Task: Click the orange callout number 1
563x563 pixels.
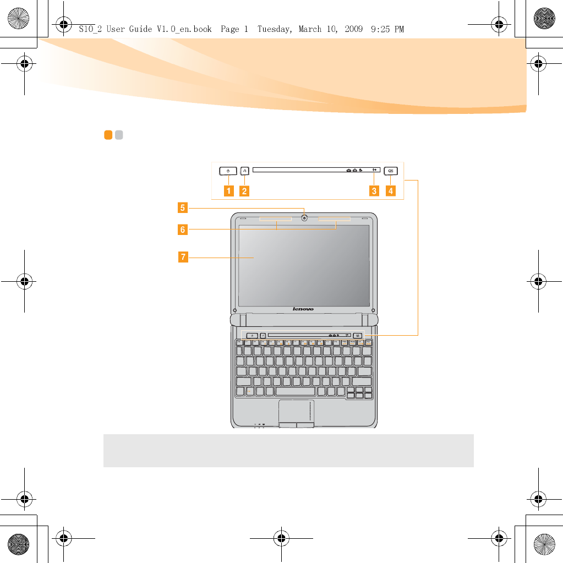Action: tap(227, 192)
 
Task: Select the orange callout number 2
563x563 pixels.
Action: tap(244, 192)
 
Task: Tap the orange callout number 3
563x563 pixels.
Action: tap(374, 192)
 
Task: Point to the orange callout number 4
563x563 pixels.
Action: tap(390, 192)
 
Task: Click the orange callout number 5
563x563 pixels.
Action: tap(182, 208)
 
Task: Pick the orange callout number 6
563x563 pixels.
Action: tap(182, 229)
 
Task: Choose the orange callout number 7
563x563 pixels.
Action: tap(182, 256)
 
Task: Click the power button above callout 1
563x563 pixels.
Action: tap(227, 171)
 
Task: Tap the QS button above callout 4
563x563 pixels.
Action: tap(390, 171)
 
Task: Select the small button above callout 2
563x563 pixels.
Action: tap(244, 171)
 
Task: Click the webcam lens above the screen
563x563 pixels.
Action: tap(304, 217)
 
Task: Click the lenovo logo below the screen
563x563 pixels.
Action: tap(303, 309)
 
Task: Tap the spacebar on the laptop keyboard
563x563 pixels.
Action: tap(295, 391)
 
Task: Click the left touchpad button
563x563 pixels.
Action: tap(287, 425)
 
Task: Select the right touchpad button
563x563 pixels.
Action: tap(305, 425)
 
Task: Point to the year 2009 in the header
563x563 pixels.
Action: tap(353, 29)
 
